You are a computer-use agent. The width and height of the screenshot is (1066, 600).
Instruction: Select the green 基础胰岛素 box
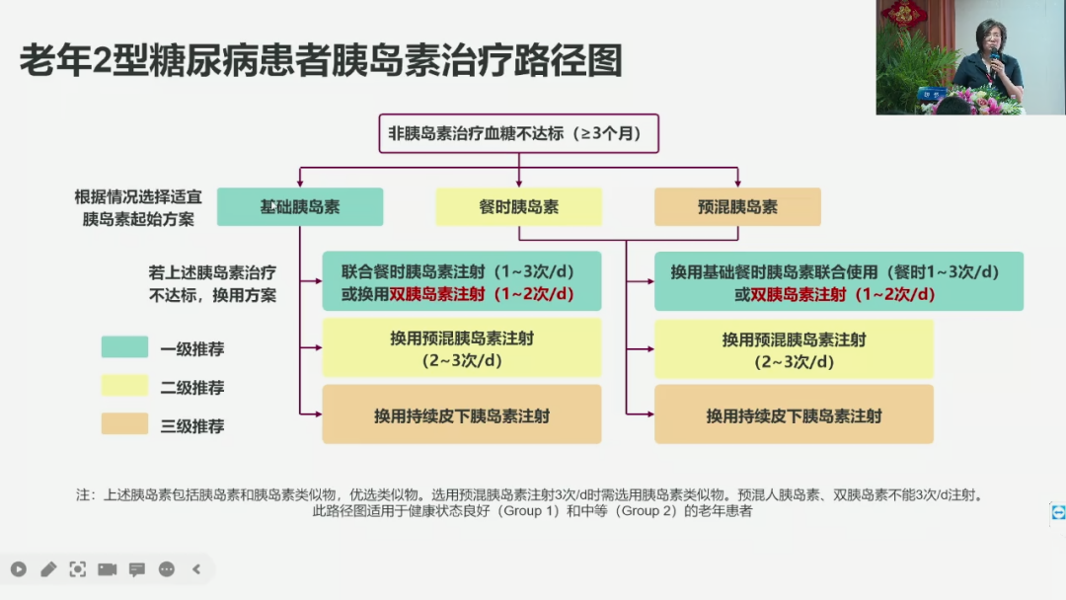click(300, 207)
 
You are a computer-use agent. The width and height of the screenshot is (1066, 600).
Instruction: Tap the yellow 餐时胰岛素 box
click(519, 207)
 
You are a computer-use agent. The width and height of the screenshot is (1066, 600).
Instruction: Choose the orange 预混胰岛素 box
click(737, 207)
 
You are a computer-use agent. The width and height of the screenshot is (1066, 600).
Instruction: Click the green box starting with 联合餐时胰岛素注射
click(461, 281)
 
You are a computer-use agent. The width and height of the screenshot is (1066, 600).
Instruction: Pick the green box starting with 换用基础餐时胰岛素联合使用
click(838, 281)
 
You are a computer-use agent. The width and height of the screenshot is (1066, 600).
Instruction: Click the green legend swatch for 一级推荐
click(124, 347)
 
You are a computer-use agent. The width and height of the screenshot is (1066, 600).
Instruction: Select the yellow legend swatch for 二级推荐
click(124, 386)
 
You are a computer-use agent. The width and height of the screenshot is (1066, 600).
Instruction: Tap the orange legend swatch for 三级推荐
click(124, 424)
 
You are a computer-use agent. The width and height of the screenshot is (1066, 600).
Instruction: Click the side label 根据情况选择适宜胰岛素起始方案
click(138, 207)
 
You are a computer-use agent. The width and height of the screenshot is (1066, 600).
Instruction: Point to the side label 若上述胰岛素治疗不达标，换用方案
click(211, 282)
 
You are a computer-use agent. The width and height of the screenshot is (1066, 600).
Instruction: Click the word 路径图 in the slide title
click(577, 61)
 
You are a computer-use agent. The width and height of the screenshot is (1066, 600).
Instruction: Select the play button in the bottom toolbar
click(18, 568)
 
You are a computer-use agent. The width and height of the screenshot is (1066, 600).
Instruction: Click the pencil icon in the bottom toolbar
click(48, 568)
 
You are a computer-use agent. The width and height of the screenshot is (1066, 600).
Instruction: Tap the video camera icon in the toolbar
click(107, 568)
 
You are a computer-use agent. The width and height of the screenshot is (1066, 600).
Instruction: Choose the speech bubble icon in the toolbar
click(137, 568)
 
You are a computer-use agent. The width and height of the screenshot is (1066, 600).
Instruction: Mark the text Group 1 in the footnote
click(538, 511)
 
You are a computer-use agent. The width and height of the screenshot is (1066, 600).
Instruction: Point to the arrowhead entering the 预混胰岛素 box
click(737, 184)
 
